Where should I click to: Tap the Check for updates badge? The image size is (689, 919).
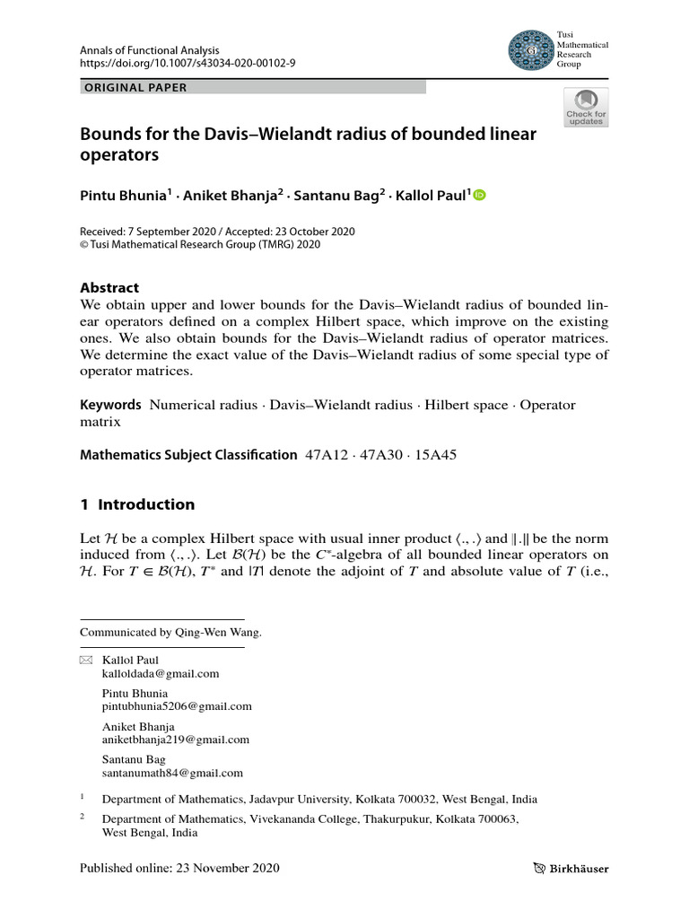coord(585,108)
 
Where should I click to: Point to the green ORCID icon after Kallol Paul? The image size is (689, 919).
coord(479,196)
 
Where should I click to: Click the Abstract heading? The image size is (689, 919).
coord(109,288)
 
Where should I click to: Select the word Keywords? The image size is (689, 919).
coord(111,405)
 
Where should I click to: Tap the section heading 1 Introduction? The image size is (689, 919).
coord(137,504)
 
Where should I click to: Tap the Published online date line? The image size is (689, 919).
coord(179,868)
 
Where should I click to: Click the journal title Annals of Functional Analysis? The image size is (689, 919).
coord(150,51)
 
